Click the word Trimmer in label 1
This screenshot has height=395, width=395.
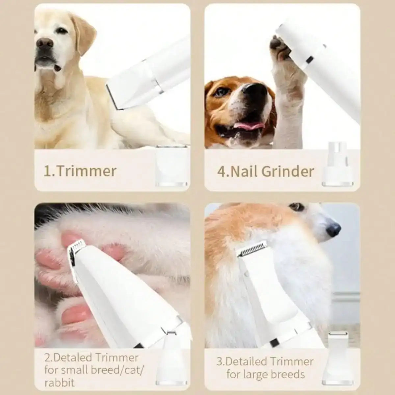tap(87, 171)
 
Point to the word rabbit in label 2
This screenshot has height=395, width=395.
tap(59, 382)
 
